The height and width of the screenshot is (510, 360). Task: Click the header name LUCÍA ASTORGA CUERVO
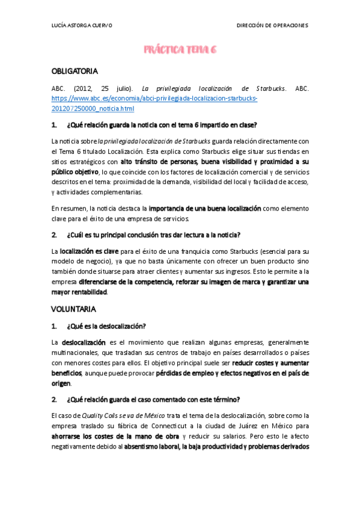click(x=82, y=25)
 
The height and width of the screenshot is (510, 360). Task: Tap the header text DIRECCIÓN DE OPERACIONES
click(x=272, y=25)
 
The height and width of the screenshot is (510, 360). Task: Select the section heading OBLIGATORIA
click(x=75, y=71)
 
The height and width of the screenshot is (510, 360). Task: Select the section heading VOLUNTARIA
click(x=73, y=309)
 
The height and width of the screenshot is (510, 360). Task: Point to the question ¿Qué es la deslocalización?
click(x=106, y=327)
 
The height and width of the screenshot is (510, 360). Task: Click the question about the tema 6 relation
click(x=162, y=125)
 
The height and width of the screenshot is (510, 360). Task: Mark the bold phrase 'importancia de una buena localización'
click(x=205, y=208)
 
